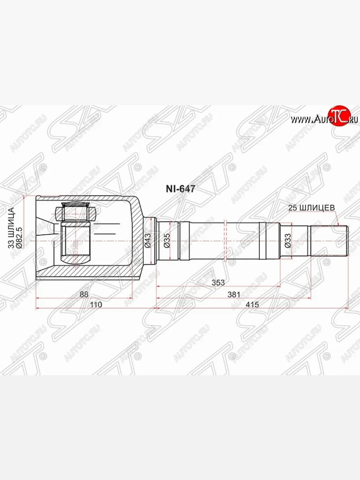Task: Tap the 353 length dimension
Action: point(218,282)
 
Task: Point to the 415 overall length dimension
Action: point(252,304)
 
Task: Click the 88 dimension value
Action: point(84,294)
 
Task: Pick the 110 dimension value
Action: point(96,304)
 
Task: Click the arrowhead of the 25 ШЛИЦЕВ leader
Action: point(338,225)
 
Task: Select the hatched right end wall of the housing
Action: point(137,240)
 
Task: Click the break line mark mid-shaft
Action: point(226,240)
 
